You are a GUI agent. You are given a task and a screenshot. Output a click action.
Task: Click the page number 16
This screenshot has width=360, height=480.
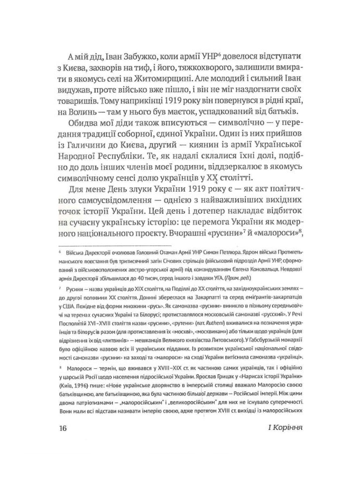[62, 428]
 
